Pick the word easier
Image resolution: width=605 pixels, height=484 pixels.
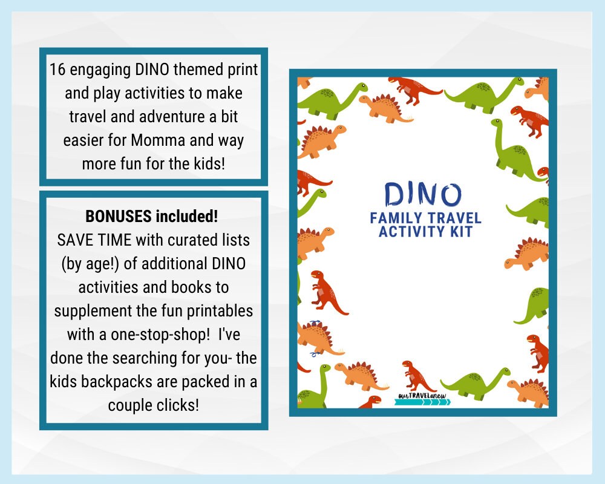[85, 141]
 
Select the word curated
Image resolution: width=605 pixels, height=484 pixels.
[186, 240]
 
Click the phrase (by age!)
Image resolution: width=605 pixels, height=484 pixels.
[90, 264]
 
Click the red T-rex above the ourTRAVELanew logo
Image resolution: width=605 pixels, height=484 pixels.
[418, 376]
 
